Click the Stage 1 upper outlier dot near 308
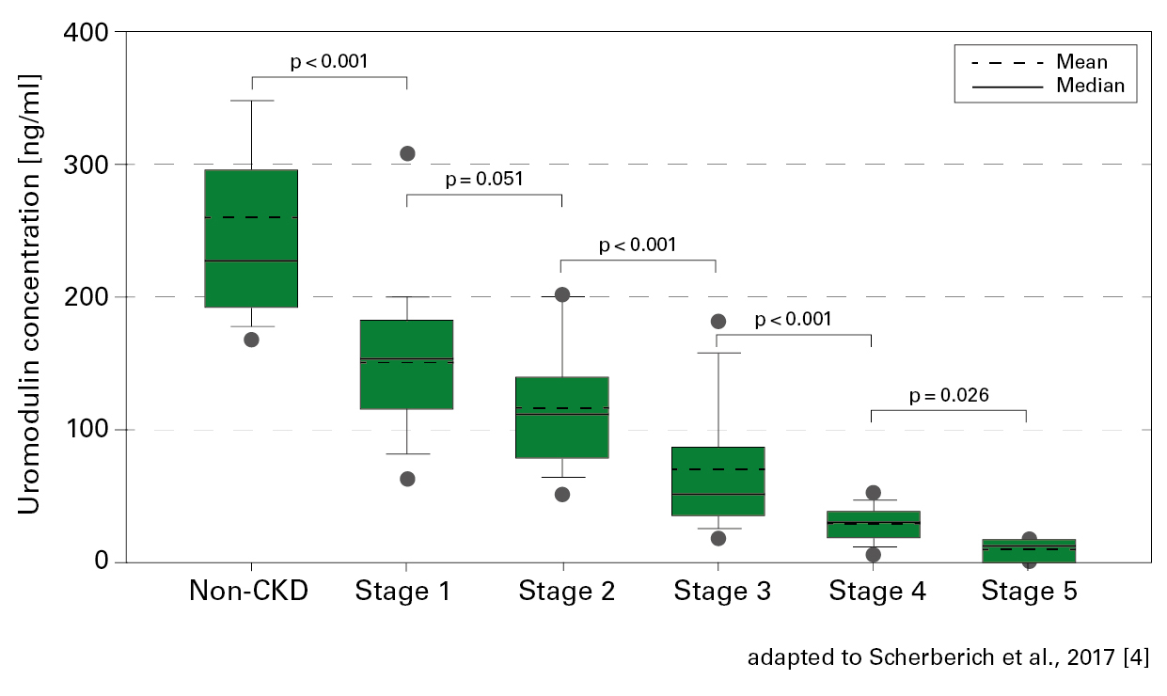407,153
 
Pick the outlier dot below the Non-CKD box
251,340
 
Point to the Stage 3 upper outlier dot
718,322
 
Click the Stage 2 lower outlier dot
562,495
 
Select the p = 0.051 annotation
484,179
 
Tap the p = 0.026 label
949,395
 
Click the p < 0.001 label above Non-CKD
329,62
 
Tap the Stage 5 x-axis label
1028,592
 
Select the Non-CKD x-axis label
249,592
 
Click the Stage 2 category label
566,592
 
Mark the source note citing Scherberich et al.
948,657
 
